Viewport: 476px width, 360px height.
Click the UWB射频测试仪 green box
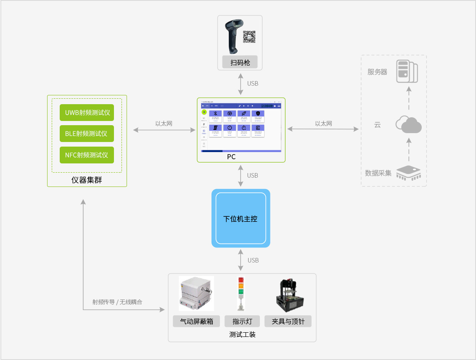click(x=87, y=113)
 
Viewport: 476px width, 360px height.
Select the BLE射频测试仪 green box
click(x=87, y=134)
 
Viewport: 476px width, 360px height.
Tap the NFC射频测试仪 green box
click(x=87, y=155)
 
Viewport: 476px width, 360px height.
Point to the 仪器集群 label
click(x=87, y=181)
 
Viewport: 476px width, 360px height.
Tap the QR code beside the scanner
click(x=250, y=37)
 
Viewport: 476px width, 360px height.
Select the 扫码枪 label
click(x=240, y=63)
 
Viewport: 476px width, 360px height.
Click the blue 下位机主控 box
click(x=241, y=218)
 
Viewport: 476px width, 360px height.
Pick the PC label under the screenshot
click(x=231, y=157)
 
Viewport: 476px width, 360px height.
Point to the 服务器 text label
click(x=377, y=72)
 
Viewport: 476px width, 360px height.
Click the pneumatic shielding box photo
click(x=196, y=294)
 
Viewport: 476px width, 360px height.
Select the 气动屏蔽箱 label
click(x=196, y=321)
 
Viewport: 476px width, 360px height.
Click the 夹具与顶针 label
click(x=288, y=321)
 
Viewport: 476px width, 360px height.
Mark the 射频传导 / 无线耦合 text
click(x=117, y=302)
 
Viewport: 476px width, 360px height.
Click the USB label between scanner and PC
click(x=253, y=84)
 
